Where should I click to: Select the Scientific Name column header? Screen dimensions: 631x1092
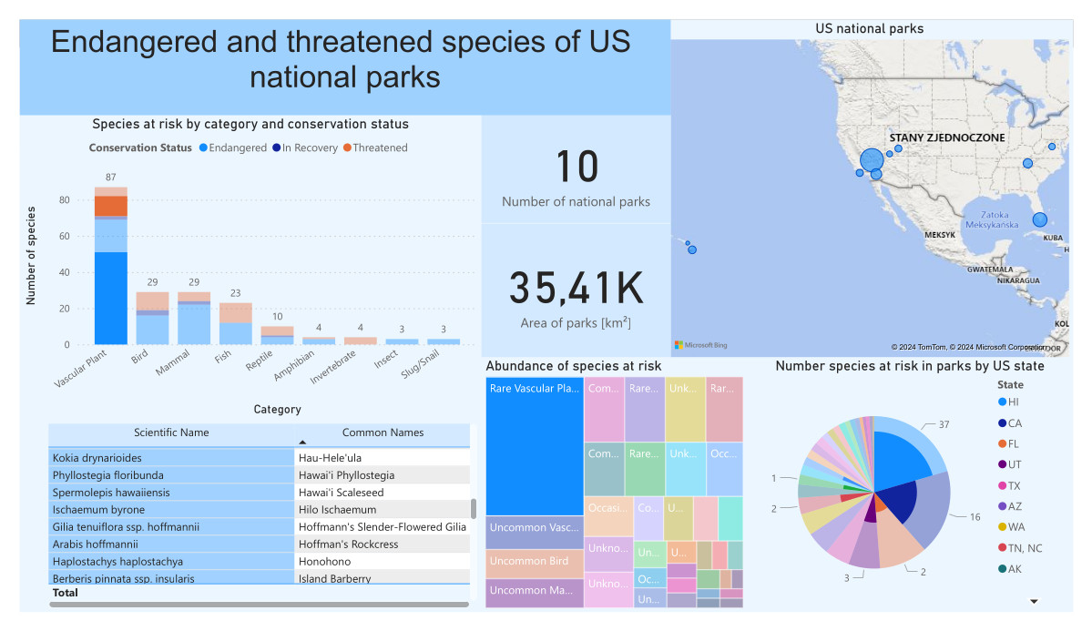click(x=171, y=433)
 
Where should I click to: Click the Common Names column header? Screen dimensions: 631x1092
click(x=383, y=433)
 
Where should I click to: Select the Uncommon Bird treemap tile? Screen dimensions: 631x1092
click(x=534, y=562)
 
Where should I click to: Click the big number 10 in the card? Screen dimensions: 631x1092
click(x=576, y=168)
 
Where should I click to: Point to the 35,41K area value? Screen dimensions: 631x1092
click(x=576, y=288)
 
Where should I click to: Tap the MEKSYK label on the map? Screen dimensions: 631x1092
click(x=939, y=235)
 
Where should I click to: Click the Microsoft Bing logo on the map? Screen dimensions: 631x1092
click(x=700, y=345)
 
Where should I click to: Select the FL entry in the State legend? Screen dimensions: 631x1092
click(x=1014, y=443)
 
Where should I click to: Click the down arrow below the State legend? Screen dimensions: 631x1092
click(x=1034, y=602)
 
